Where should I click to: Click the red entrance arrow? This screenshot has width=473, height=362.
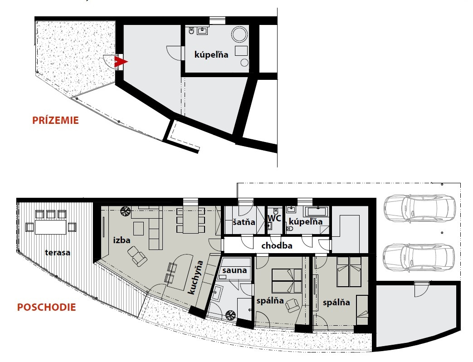(121, 62)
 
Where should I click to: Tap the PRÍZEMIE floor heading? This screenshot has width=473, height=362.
(55, 120)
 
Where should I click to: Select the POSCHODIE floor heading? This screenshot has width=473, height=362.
(46, 308)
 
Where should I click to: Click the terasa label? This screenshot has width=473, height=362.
(58, 253)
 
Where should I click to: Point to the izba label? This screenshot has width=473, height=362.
(122, 240)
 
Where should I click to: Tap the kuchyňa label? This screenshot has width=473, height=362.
(195, 278)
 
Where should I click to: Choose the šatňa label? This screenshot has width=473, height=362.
(244, 222)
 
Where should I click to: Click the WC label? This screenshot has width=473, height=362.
(274, 218)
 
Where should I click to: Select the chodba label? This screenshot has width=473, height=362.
(277, 245)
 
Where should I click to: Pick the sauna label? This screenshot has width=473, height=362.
(235, 270)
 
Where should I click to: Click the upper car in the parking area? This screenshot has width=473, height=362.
(419, 209)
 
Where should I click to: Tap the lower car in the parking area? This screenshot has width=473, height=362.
(419, 257)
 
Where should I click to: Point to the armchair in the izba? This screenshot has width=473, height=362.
(137, 256)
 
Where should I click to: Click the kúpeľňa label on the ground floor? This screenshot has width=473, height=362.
(211, 54)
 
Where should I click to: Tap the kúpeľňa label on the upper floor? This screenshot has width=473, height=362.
(306, 222)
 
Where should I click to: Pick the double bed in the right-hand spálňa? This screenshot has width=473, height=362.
(349, 272)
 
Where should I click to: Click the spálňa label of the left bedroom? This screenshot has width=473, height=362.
(270, 301)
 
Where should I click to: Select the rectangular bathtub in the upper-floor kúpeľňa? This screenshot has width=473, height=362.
(317, 211)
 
